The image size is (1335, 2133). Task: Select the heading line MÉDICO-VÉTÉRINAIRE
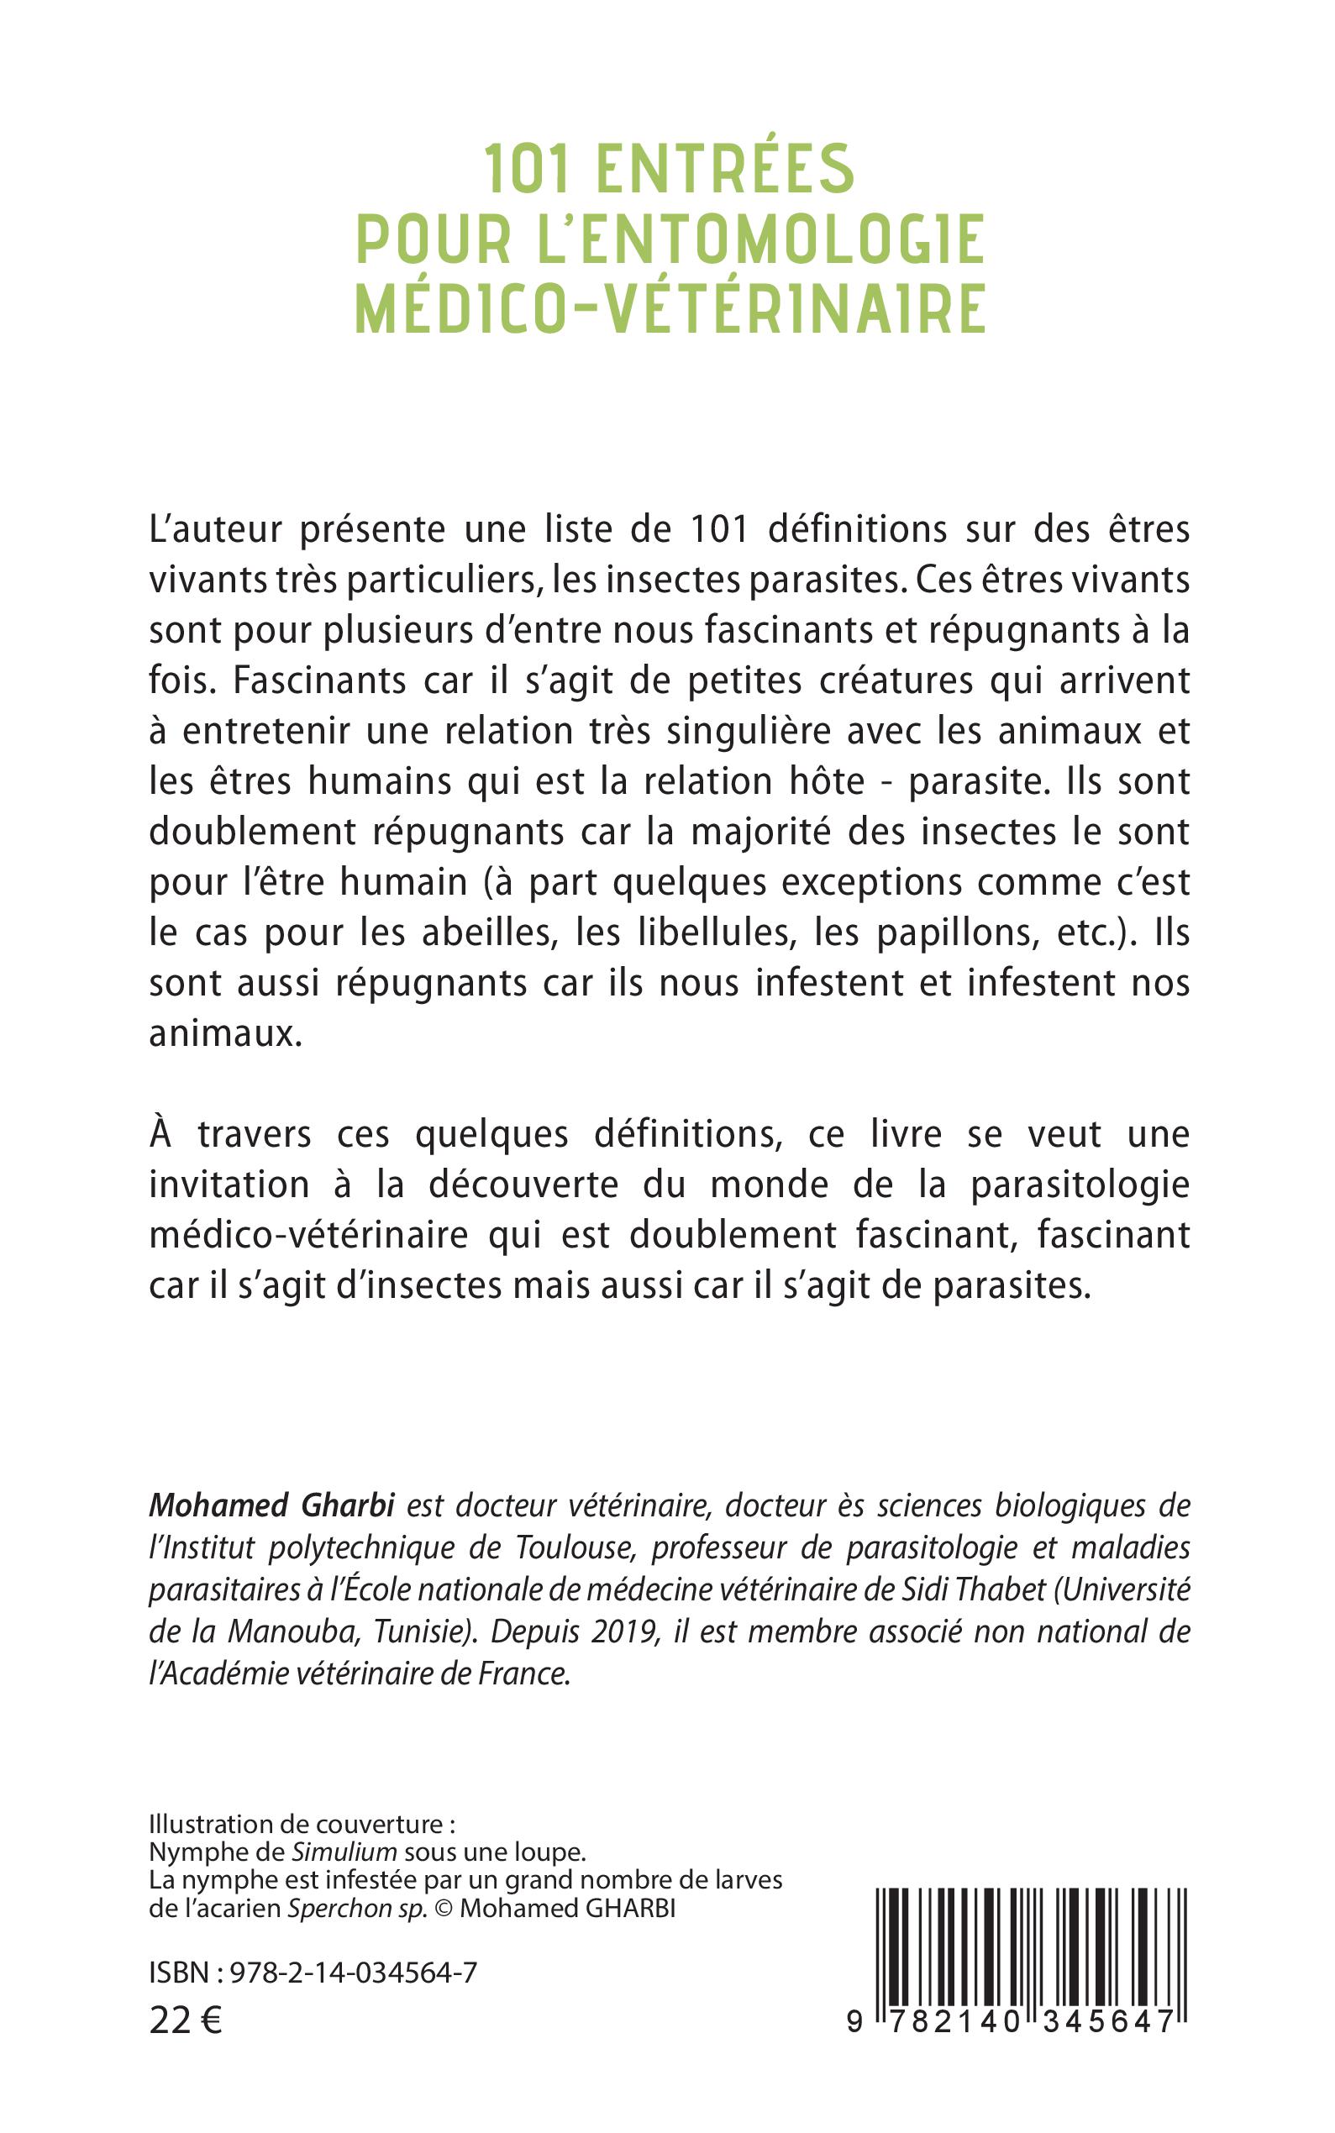[670, 308]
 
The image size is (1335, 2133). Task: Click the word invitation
[229, 1185]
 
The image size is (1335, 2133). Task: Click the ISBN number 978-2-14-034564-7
[353, 1973]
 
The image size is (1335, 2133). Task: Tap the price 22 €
[186, 2018]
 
